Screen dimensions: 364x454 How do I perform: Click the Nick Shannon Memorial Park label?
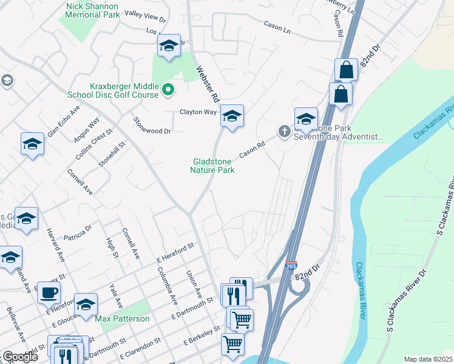(x=92, y=10)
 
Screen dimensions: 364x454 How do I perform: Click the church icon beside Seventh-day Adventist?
(x=283, y=130)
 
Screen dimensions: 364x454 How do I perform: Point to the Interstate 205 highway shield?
(x=291, y=265)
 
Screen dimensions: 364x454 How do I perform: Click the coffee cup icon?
(x=49, y=292)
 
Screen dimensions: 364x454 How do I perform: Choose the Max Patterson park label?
(x=122, y=318)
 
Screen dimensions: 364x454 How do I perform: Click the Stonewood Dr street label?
(x=153, y=125)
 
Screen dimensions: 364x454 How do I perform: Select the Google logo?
(x=19, y=357)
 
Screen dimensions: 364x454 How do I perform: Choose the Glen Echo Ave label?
(x=63, y=122)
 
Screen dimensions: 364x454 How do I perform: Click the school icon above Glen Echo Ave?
(x=8, y=81)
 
